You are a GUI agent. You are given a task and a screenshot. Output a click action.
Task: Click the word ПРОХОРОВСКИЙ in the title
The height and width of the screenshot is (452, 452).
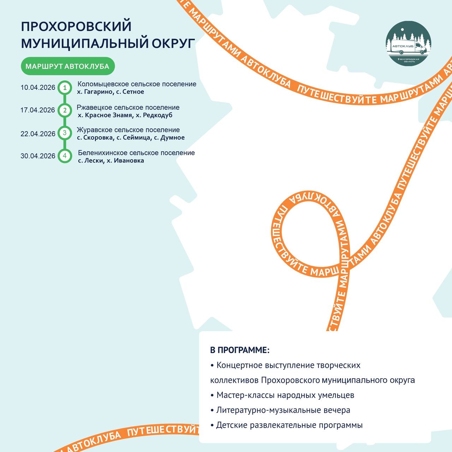pos(76,26)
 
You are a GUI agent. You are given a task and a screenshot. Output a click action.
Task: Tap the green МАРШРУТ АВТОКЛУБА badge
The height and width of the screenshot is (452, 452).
pos(67,66)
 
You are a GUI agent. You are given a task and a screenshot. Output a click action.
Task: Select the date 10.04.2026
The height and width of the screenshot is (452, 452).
pos(38,88)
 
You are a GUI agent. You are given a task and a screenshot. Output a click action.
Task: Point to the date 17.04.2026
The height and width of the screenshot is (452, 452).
pos(38,110)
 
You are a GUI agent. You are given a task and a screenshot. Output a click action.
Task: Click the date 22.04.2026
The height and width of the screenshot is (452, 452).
pos(38,133)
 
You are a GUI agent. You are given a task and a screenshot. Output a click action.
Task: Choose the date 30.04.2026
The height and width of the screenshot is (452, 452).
pos(38,156)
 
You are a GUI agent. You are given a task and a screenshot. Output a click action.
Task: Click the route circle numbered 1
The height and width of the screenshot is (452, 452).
pos(65,88)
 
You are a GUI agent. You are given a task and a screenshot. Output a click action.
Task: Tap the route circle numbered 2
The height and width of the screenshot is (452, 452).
pos(65,110)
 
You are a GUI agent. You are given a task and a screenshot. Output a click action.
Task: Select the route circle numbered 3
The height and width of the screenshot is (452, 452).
pos(65,133)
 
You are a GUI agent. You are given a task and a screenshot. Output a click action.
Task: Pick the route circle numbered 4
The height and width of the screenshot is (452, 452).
pos(65,156)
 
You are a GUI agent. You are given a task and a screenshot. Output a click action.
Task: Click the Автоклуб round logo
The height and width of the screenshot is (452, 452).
pos(408,43)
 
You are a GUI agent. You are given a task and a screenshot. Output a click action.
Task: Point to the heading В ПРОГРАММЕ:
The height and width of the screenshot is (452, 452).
pos(239,350)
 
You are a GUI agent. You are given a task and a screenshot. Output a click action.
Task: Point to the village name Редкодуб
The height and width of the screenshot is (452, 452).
pos(158,115)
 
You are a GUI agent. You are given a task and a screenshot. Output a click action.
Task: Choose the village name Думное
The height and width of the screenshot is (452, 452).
pos(172,138)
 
